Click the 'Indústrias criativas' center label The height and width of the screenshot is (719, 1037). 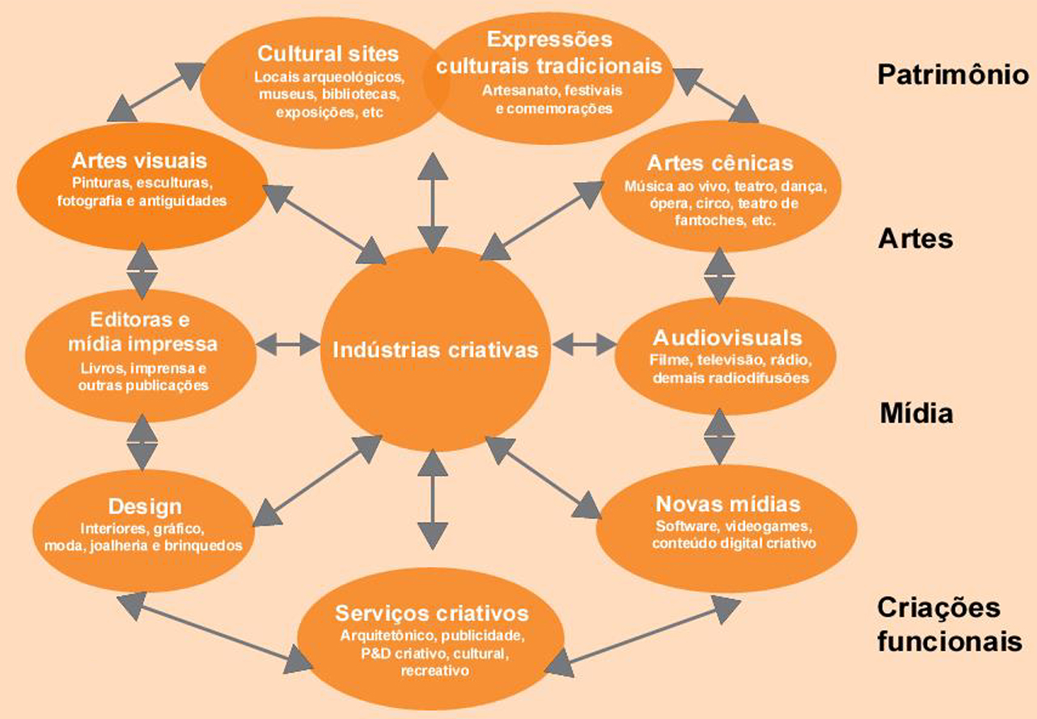[435, 351]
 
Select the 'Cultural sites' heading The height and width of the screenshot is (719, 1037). [328, 54]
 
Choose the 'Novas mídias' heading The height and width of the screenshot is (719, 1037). [727, 504]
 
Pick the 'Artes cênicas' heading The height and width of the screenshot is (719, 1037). [720, 164]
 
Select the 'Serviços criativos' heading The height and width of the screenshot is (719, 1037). [432, 612]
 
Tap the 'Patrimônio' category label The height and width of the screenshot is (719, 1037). [953, 75]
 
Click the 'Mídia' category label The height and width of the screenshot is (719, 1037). [916, 414]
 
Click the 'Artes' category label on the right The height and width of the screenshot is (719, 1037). [915, 240]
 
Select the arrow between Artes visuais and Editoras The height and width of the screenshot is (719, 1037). [142, 269]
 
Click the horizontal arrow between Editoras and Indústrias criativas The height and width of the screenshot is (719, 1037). [287, 343]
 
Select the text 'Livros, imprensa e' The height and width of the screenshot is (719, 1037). [143, 368]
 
